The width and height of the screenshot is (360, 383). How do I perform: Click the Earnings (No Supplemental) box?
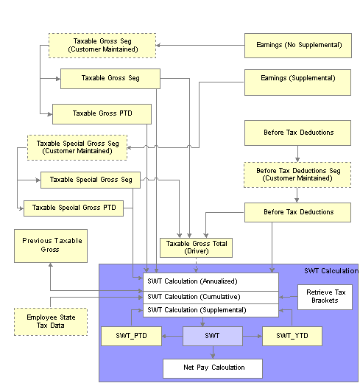click(298, 46)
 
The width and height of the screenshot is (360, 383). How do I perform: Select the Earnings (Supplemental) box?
click(297, 82)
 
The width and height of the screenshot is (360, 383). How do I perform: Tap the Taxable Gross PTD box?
click(102, 114)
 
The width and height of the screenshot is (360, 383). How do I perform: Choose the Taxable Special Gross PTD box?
click(74, 208)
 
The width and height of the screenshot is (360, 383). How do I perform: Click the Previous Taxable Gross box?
click(51, 246)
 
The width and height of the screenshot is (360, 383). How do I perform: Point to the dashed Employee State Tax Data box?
click(51, 322)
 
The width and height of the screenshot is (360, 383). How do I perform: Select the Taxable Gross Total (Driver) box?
click(196, 247)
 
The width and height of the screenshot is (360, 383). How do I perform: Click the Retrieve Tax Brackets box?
click(325, 297)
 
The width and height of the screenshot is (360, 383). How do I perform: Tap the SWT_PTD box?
click(131, 336)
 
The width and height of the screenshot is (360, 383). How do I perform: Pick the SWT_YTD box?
click(292, 336)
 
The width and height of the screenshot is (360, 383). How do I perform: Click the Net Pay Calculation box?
click(213, 368)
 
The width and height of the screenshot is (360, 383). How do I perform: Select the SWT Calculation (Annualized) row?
click(211, 282)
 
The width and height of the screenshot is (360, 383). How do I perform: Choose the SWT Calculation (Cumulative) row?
click(211, 298)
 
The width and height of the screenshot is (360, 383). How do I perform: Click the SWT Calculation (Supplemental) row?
click(211, 311)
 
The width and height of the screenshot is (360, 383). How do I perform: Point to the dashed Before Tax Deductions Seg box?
click(297, 175)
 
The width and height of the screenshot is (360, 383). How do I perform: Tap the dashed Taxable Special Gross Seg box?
click(77, 147)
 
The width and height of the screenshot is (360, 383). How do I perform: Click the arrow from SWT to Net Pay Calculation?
click(213, 352)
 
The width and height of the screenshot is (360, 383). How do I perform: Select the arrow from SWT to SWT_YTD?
click(253, 336)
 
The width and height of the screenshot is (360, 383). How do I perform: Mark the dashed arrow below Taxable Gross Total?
click(196, 265)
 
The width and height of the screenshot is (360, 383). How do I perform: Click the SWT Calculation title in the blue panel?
click(331, 271)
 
